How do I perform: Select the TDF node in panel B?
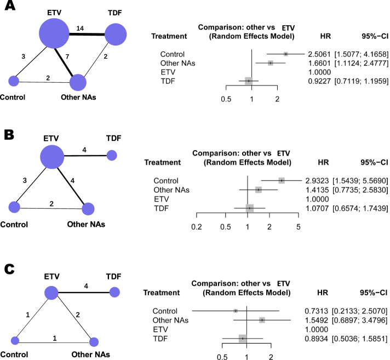112,156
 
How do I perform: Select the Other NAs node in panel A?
78,83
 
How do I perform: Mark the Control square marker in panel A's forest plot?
286,54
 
